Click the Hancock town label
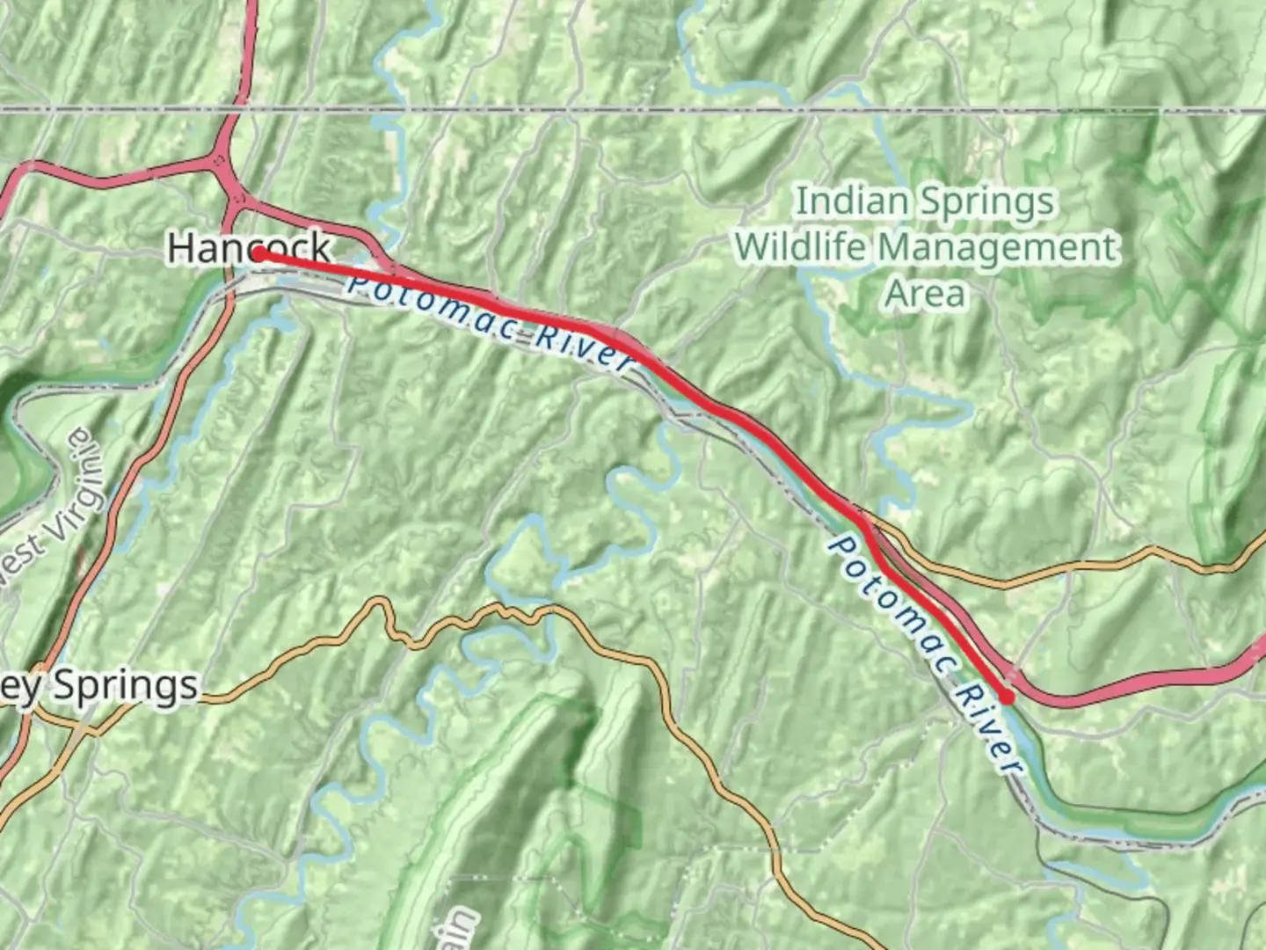(x=249, y=247)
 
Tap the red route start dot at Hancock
(x=260, y=254)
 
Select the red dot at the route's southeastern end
(x=1007, y=697)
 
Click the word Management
(x=999, y=247)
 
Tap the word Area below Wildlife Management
(x=925, y=293)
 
